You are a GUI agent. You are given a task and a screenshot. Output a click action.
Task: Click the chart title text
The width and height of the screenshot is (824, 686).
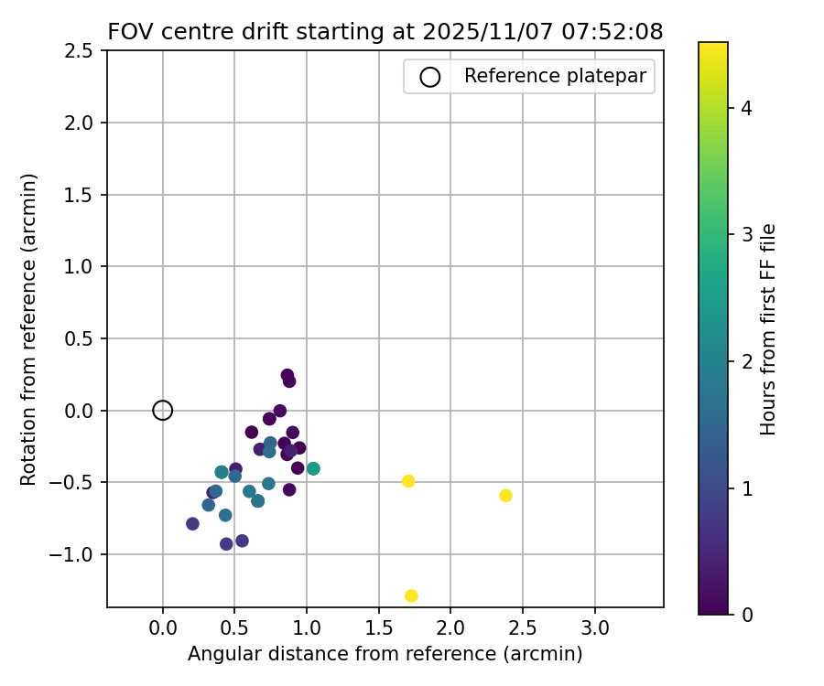[x=385, y=32]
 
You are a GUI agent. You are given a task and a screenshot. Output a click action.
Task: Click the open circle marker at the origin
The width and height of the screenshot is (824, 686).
[x=163, y=411]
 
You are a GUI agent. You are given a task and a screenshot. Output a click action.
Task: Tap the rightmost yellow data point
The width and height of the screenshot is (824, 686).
[x=505, y=496]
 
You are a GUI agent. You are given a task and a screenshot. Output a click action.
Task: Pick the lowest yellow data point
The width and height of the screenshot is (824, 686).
[x=411, y=595]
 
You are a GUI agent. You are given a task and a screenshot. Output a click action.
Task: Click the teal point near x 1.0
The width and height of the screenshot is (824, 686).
[x=313, y=468]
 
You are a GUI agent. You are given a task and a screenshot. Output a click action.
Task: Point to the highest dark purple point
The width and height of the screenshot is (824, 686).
[x=287, y=375]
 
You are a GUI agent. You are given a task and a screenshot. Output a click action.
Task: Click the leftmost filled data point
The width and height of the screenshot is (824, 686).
[x=192, y=524]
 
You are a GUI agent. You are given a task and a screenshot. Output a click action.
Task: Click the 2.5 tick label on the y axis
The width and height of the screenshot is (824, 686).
[x=81, y=51]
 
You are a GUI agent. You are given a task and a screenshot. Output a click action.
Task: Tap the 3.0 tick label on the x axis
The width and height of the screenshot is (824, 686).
[x=595, y=629]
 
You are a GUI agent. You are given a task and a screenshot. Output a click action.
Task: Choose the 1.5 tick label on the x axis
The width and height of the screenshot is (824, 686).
[x=379, y=629]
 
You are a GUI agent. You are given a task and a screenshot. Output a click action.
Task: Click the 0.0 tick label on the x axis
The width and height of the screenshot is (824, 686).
[x=163, y=629]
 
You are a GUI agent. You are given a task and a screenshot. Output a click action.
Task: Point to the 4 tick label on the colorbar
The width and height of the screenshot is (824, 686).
[x=746, y=109]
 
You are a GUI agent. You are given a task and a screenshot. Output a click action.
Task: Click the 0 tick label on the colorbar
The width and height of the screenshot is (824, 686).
[x=746, y=614]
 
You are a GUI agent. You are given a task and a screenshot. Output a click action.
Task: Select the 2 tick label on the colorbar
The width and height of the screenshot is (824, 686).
[x=746, y=361]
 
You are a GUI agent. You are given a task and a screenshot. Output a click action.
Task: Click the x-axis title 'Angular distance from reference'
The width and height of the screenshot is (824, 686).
[x=385, y=654]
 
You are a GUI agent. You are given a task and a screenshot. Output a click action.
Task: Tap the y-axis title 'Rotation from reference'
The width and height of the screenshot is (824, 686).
[x=28, y=329]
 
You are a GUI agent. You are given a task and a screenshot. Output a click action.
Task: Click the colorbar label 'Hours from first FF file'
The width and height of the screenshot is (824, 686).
[x=768, y=329]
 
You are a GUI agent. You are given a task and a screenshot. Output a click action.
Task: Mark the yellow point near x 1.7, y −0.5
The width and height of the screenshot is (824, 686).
[x=408, y=481]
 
